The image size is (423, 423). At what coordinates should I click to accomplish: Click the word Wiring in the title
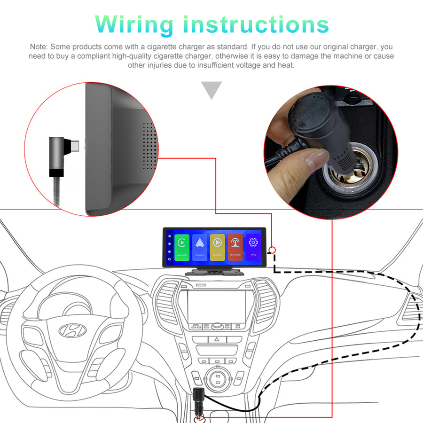[x=136, y=24]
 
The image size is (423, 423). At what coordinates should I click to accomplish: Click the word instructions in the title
[x=256, y=24]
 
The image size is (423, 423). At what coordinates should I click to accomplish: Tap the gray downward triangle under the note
[x=211, y=90]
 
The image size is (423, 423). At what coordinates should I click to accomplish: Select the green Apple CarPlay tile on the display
[x=182, y=247]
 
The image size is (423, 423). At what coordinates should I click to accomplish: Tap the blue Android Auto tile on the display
[x=200, y=247]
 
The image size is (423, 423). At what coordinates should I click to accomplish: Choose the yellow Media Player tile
[x=217, y=247]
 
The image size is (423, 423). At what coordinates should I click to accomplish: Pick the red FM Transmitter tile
[x=235, y=247]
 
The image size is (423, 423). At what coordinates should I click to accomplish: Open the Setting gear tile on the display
[x=253, y=247]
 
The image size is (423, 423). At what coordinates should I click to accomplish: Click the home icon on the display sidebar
[x=169, y=236]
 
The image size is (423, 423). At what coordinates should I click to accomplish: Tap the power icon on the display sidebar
[x=169, y=258]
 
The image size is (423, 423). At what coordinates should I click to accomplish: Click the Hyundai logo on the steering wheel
[x=73, y=330]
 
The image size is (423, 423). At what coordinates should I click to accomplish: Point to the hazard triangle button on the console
[x=217, y=339]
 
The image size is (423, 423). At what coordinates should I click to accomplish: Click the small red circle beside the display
[x=272, y=251]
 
